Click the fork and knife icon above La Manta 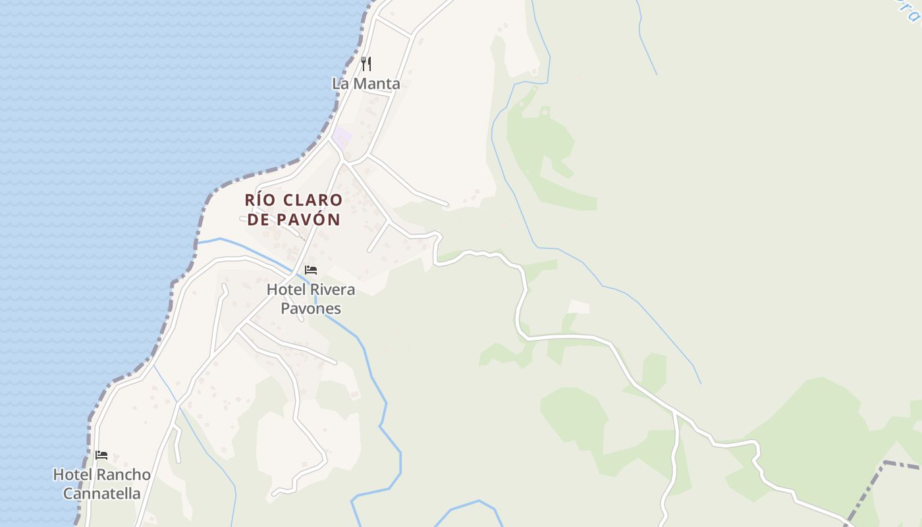tap(367, 64)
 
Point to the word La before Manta tap(340, 84)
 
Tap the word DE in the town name tap(259, 219)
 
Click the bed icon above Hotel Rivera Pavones tap(311, 270)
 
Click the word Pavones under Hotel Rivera tap(311, 308)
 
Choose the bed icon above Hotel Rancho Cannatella tap(101, 455)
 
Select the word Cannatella tap(101, 493)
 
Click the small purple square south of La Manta tap(342, 138)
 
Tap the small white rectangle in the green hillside tap(578, 306)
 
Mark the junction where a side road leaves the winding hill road tap(675, 413)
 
